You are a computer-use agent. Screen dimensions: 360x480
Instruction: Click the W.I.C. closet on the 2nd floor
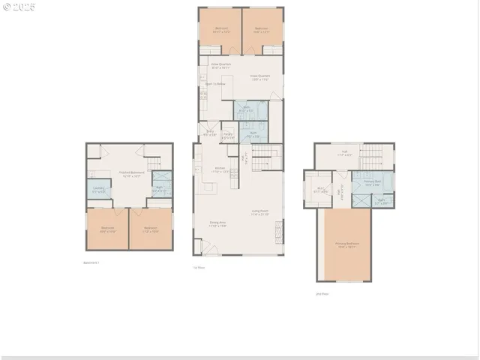pos(321,189)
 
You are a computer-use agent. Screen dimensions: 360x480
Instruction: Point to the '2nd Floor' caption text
pos(322,294)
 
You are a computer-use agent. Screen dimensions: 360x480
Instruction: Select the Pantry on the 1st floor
pos(229,137)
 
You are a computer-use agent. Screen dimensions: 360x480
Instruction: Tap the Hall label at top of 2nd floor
pos(344,153)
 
